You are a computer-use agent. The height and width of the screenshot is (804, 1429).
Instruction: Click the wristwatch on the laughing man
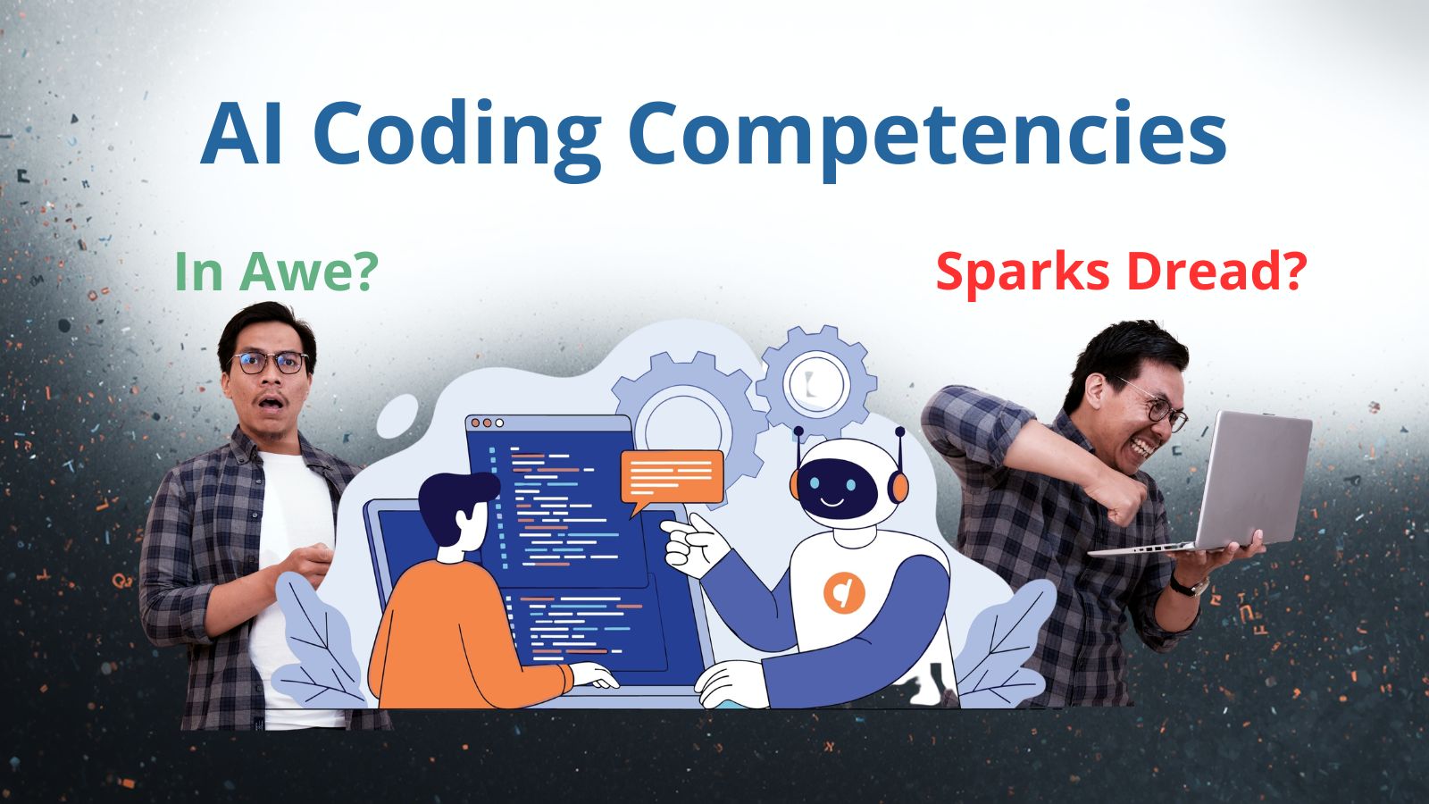tap(1191, 585)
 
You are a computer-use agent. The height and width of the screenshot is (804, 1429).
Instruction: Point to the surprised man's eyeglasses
tap(269, 363)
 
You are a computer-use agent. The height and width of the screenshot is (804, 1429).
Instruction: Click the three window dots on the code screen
tap(487, 423)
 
